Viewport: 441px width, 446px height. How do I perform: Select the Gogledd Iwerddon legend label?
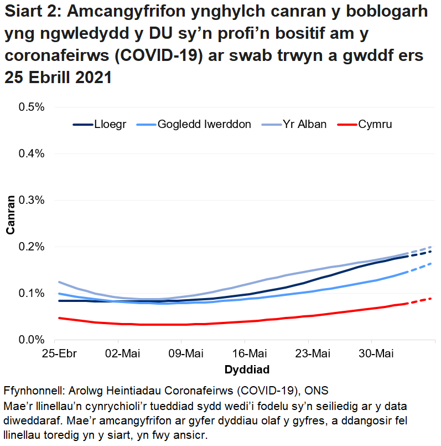click(x=204, y=124)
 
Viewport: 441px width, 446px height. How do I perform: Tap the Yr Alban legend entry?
click(x=304, y=124)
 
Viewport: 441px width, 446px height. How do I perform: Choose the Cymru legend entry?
click(x=375, y=124)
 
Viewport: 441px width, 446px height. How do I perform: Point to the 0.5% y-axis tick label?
click(x=32, y=107)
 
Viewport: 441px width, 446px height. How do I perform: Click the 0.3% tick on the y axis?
click(x=32, y=200)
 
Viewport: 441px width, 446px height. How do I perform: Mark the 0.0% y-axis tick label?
click(x=32, y=340)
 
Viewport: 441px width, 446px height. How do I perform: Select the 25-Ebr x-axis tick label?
click(x=56, y=354)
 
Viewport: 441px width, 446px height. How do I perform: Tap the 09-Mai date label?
click(x=183, y=354)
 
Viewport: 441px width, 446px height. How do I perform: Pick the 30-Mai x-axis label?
click(x=372, y=354)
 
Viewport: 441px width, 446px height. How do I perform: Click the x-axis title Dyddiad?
click(x=247, y=369)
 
